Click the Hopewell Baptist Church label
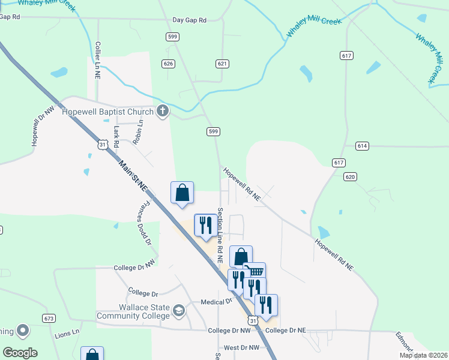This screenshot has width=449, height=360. click(112, 112)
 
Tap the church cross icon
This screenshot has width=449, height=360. click(162, 111)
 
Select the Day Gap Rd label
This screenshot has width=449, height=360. click(189, 20)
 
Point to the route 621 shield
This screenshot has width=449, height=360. click(222, 63)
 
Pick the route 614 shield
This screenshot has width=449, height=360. click(361, 146)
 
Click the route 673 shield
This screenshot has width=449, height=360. click(49, 317)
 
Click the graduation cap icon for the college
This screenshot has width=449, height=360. click(178, 311)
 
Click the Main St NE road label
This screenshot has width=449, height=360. click(133, 175)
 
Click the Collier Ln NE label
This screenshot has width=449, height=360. click(97, 60)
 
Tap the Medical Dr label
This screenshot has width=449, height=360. click(216, 302)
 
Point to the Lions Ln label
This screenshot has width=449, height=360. click(67, 332)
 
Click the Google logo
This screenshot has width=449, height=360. click(20, 353)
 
